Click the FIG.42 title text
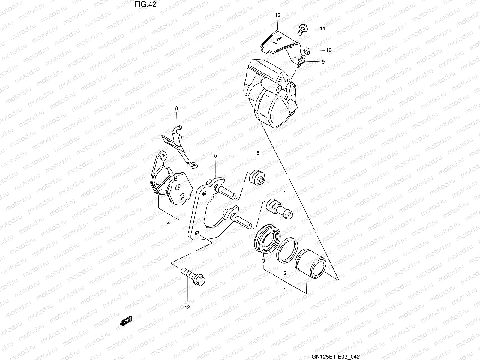coord(145,4)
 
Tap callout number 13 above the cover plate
coord(277,15)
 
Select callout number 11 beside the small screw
coord(322,29)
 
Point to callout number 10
coord(328,50)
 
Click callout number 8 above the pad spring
coord(177,108)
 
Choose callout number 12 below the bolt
coord(188,307)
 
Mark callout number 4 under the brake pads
coord(169,223)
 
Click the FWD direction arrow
coord(126,322)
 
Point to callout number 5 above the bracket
coord(215,156)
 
